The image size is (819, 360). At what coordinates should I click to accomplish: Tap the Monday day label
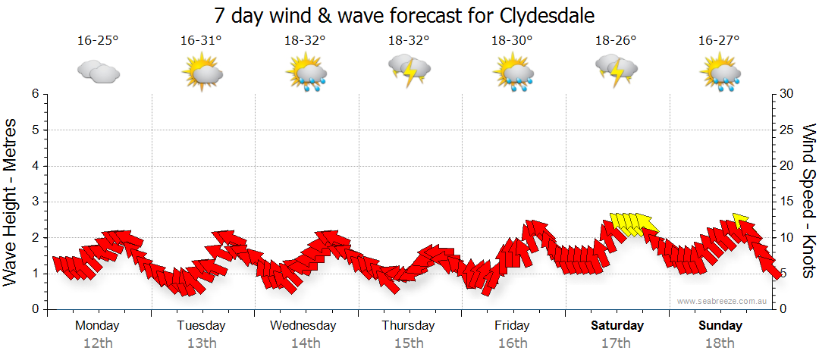tap(98, 326)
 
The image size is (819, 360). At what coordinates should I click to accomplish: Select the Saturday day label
tap(617, 326)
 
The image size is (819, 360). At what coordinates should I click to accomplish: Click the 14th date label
tap(305, 343)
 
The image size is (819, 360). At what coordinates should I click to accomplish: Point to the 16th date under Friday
tap(513, 343)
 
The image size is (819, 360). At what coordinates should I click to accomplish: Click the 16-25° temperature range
tap(98, 41)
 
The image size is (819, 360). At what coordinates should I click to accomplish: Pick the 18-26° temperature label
tap(616, 41)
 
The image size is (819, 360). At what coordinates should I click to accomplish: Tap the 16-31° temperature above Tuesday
tap(201, 41)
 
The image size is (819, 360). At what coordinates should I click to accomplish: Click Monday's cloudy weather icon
tap(98, 72)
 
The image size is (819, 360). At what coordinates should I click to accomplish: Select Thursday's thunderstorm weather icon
tap(409, 69)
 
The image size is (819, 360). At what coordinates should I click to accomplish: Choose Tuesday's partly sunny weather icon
tap(201, 74)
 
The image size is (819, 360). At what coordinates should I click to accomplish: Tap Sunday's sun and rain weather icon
tap(720, 74)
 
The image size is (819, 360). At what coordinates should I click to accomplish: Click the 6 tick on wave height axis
tap(35, 94)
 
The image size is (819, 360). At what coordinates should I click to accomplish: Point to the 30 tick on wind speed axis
tap(787, 94)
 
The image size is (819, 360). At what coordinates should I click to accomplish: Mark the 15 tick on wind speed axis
tap(787, 202)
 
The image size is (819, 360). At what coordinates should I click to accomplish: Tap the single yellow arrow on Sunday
tap(741, 219)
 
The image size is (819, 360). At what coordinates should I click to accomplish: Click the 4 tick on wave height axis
tap(35, 166)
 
